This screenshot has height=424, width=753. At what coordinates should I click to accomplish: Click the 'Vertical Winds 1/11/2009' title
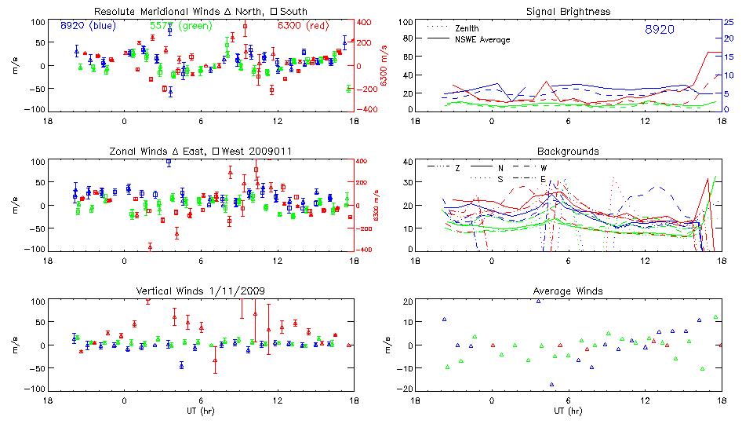200,291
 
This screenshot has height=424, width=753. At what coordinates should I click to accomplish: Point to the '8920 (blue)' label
88,26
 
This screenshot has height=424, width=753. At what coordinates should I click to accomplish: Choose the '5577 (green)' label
176,26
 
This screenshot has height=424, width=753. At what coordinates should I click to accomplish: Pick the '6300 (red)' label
303,26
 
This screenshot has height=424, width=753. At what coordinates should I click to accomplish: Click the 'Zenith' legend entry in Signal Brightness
467,28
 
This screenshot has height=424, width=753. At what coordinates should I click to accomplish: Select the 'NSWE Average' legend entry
482,39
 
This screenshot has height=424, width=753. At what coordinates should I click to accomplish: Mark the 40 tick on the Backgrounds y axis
407,163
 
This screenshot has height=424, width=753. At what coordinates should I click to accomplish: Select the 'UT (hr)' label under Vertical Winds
200,411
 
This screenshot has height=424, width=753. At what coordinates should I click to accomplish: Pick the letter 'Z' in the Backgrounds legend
457,168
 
